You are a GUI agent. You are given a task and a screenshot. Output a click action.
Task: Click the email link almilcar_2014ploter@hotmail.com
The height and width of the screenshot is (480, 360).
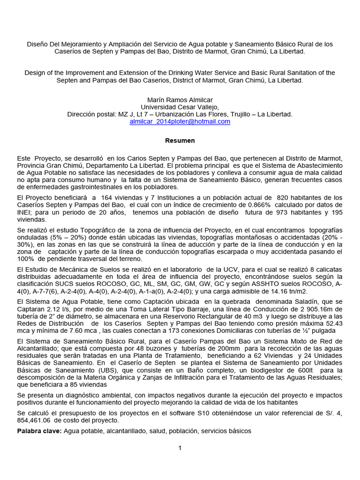click(x=180, y=121)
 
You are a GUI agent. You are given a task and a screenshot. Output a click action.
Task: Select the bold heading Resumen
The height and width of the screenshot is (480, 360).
click(x=180, y=141)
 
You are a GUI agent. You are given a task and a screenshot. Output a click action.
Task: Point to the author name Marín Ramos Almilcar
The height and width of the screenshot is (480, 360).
click(x=180, y=100)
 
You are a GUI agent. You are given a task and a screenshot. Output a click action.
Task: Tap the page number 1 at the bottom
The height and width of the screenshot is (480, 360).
click(x=180, y=448)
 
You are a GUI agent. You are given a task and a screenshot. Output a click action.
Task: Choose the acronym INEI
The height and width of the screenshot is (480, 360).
click(x=25, y=212)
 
